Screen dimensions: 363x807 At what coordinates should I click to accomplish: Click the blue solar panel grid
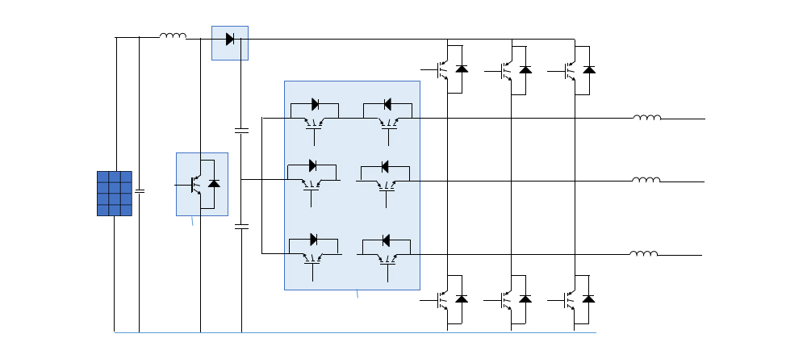point(115,194)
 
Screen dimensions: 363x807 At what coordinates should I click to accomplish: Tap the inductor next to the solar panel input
point(173,35)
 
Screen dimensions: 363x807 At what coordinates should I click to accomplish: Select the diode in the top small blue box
point(230,39)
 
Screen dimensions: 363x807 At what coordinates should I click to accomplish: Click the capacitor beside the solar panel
point(140,192)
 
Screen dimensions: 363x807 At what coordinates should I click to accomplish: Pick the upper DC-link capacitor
point(241,129)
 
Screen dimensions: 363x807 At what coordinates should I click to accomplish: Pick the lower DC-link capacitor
point(241,227)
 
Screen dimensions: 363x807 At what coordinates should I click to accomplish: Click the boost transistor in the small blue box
point(197,185)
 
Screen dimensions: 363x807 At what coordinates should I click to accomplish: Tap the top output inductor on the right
point(647,118)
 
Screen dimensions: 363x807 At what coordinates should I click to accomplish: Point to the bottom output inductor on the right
point(644,253)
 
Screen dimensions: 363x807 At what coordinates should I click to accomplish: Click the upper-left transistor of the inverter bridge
point(443,70)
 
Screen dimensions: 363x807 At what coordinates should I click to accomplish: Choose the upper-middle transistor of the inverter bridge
point(507,70)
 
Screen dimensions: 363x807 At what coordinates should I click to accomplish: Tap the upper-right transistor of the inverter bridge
point(571,70)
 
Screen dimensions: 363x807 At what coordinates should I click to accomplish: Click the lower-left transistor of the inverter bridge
point(443,299)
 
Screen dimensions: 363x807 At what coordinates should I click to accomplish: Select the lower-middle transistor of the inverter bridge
point(507,299)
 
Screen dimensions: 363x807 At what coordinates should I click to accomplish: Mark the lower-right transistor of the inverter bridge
point(571,299)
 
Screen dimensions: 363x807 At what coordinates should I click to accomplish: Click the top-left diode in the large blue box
point(315,104)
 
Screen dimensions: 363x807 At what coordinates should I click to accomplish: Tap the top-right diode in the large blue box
point(387,104)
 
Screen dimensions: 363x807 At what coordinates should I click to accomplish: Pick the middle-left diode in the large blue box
point(313,166)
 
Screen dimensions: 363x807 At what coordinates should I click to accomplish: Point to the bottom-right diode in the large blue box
point(386,240)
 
